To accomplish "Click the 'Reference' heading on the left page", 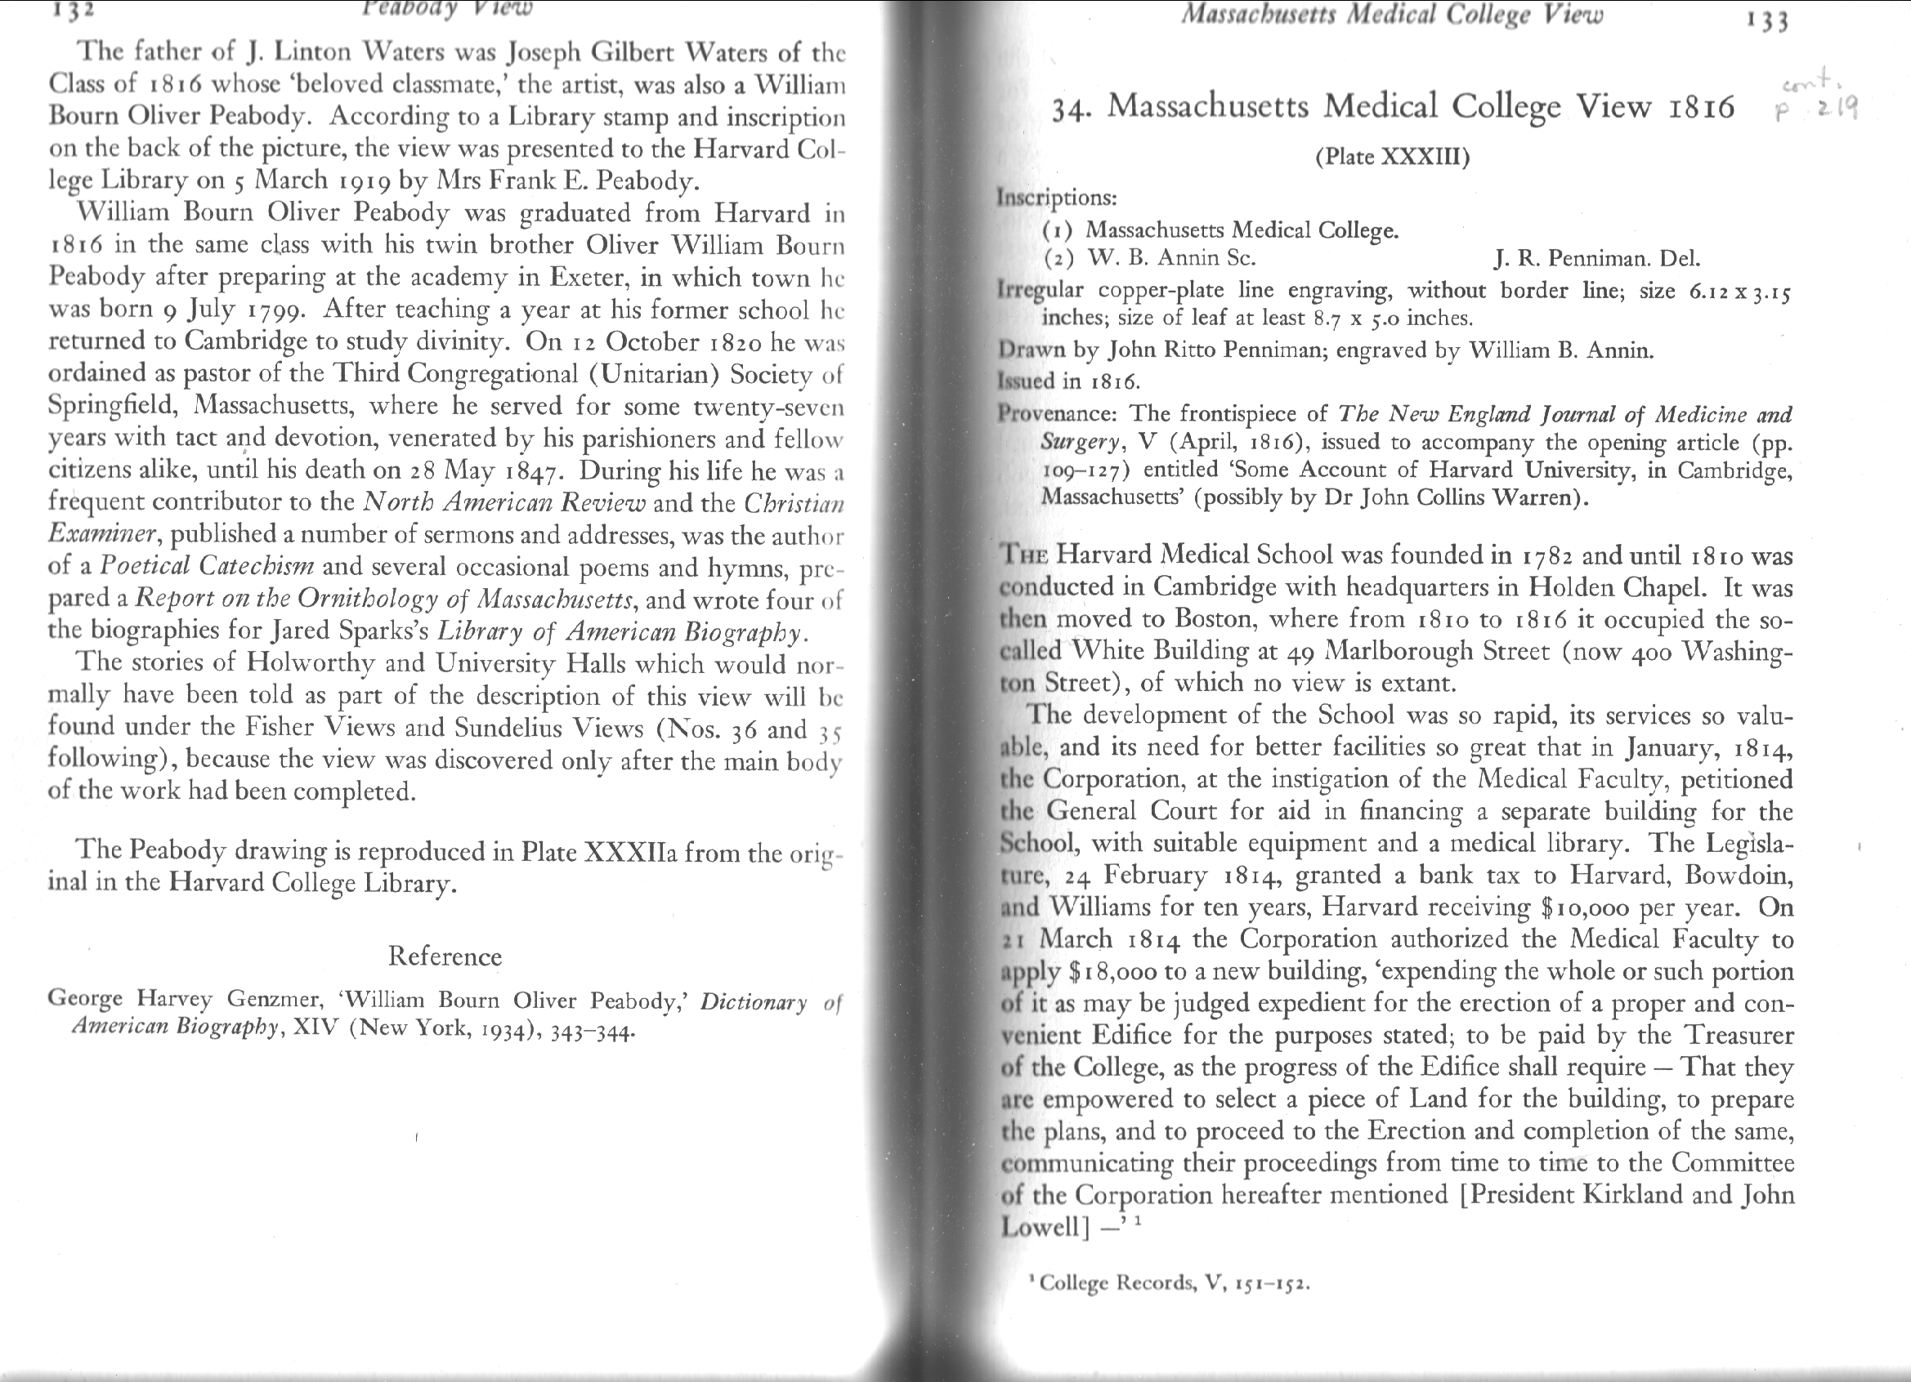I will point(445,956).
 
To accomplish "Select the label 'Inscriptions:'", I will point(1057,198).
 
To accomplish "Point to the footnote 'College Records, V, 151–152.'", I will point(1174,1283).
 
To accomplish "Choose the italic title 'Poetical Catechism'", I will point(208,565).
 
